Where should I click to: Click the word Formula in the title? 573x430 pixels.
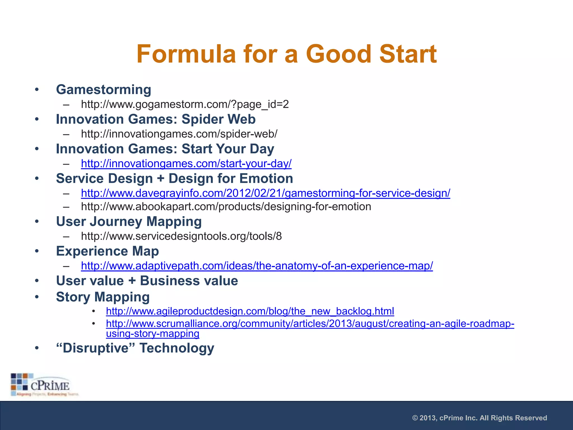click(x=186, y=54)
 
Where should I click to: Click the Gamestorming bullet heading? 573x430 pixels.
click(x=104, y=90)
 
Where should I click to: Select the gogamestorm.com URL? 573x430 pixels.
click(x=185, y=104)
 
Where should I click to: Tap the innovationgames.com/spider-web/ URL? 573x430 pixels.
click(x=179, y=134)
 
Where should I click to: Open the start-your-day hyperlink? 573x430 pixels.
click(x=186, y=163)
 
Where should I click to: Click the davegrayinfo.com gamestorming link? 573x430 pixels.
click(x=265, y=193)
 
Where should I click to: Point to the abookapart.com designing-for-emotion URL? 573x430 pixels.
click(x=226, y=207)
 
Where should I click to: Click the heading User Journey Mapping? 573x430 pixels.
click(x=129, y=222)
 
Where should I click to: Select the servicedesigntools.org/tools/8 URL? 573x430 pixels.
click(x=181, y=237)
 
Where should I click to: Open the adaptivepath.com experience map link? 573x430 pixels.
click(x=257, y=266)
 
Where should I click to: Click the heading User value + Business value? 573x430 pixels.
click(x=147, y=281)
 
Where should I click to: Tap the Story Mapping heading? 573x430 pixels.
click(x=103, y=297)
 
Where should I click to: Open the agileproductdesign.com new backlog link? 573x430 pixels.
click(x=250, y=311)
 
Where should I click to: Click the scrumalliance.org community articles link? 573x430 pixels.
click(x=310, y=324)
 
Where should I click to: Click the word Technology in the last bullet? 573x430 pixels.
click(x=177, y=348)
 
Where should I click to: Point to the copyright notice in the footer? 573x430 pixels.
click(x=480, y=418)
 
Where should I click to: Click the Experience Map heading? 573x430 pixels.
click(x=107, y=251)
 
